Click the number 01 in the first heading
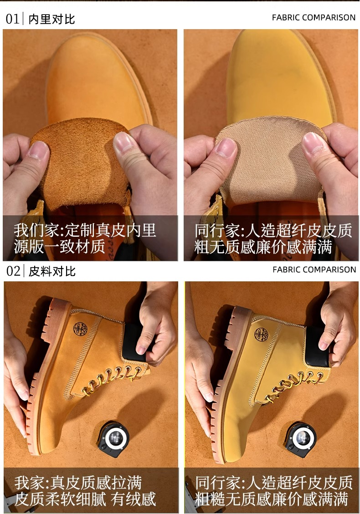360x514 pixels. point(12,19)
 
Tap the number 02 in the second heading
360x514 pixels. point(13,271)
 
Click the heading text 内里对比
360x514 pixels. point(52,19)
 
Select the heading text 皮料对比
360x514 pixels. point(52,271)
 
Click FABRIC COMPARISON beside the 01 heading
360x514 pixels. point(314,18)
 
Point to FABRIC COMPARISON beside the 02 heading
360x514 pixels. point(314,270)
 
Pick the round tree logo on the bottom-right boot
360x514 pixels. point(262,334)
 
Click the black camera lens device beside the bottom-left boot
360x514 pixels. point(113,439)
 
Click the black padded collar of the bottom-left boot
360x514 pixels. point(134,342)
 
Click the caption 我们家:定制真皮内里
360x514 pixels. point(85,230)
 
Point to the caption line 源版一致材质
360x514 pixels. point(59,246)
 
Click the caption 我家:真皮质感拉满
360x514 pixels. point(78,483)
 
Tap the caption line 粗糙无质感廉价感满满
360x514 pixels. point(271,499)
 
